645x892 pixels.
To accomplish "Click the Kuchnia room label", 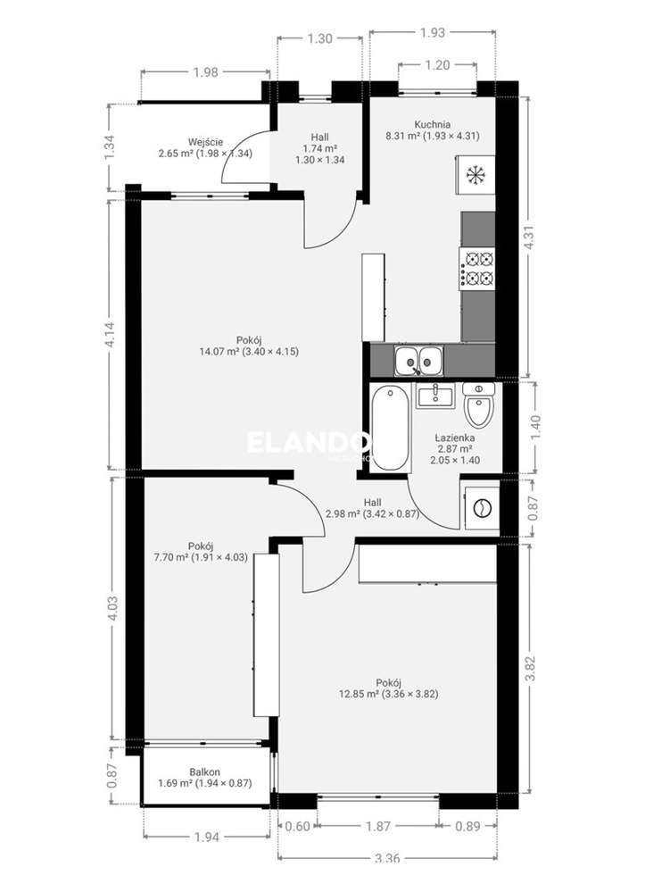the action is click(x=432, y=124).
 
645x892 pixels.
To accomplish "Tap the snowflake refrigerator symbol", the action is click(x=475, y=173).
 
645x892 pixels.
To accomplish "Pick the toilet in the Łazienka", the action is click(x=479, y=406).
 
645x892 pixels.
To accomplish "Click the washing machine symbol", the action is click(x=480, y=507).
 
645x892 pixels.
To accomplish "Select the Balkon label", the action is click(x=204, y=771).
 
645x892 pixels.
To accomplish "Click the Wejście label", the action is click(x=205, y=141).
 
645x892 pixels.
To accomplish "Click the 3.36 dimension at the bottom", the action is click(x=385, y=859).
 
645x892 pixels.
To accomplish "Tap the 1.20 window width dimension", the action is click(x=437, y=64).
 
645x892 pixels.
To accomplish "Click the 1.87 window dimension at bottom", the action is click(x=377, y=825).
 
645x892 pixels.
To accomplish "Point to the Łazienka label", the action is click(x=454, y=438).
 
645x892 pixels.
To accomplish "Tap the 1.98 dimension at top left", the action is click(x=204, y=72).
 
